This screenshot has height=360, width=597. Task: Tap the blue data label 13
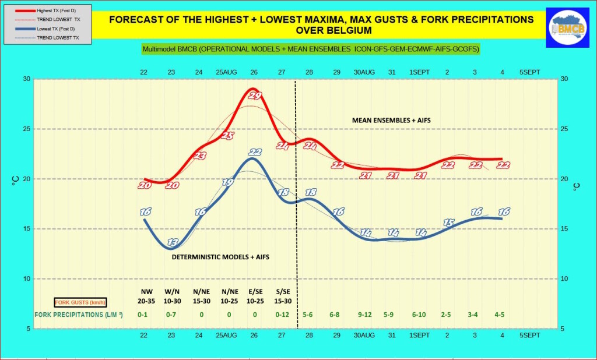[x=173, y=242]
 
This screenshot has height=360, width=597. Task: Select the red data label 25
[x=228, y=136]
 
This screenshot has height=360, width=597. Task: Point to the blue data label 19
[x=228, y=182]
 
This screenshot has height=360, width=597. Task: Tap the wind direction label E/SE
[x=254, y=291]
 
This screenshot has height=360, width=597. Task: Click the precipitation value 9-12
[x=365, y=315]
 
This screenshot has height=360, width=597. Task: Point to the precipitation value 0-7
[x=170, y=315]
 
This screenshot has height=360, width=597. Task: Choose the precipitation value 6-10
[x=419, y=315]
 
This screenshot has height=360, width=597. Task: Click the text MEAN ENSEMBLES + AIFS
[x=395, y=120]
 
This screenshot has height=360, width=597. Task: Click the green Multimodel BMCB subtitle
[x=311, y=50]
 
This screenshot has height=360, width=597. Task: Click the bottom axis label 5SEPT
[x=530, y=336]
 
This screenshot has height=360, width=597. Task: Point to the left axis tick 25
[x=26, y=129]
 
